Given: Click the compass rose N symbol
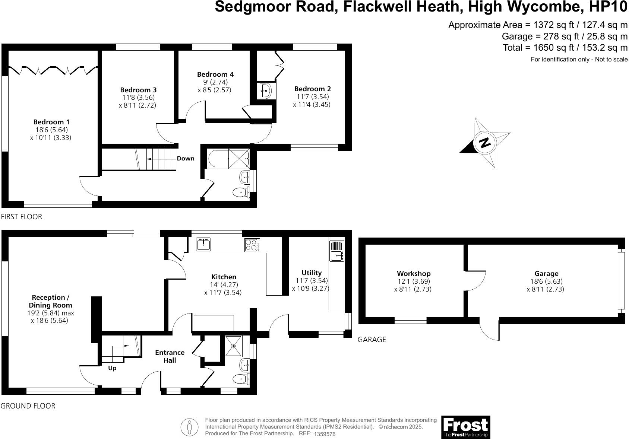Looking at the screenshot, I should (x=484, y=142).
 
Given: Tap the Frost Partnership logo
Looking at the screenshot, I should (x=465, y=427).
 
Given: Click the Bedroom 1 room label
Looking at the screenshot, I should (x=51, y=122).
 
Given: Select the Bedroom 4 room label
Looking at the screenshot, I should (x=215, y=74).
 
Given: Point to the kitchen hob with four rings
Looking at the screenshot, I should (x=252, y=245).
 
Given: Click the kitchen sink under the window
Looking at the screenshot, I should (x=203, y=244).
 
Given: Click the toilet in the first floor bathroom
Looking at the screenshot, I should (x=241, y=193).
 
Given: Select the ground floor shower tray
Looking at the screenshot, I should (x=234, y=346).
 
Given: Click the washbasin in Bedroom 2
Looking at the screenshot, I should (x=266, y=90).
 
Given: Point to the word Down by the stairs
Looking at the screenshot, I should (x=186, y=158).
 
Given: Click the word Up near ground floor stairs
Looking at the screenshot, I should (x=112, y=368).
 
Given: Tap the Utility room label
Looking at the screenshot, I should (x=312, y=273).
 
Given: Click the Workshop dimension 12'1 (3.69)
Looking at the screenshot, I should (x=414, y=281).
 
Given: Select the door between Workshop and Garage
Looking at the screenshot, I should (x=475, y=281).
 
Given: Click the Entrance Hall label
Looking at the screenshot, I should (x=170, y=356).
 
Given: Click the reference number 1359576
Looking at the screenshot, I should (x=325, y=434).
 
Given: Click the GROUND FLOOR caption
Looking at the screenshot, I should (x=28, y=406).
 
